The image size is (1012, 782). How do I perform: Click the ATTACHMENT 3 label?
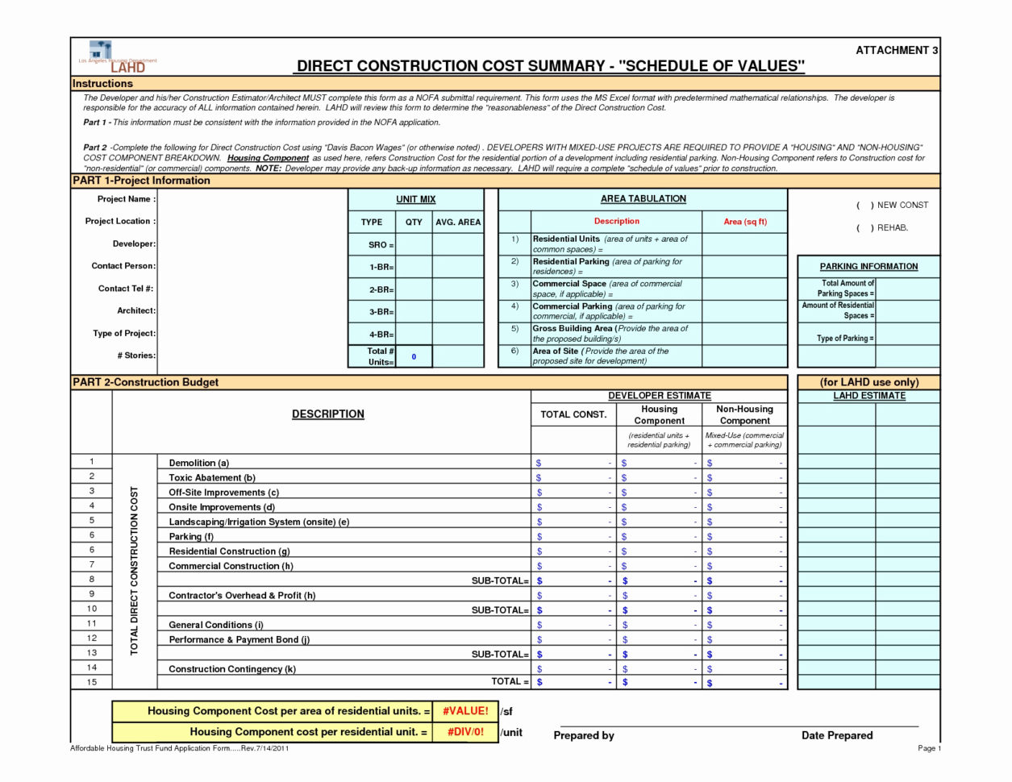[896, 50]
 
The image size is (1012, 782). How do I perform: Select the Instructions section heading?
[102, 84]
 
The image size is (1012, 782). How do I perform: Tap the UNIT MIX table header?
[416, 199]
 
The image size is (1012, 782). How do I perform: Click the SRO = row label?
[381, 245]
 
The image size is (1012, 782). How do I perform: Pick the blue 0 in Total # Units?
[414, 356]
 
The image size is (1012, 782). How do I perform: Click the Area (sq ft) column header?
[744, 222]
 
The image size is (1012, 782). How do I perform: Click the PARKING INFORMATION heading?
[868, 267]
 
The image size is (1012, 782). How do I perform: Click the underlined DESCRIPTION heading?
[327, 414]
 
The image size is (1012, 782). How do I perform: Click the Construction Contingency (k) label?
[231, 669]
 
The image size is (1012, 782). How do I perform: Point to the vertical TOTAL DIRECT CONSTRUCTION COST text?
[134, 572]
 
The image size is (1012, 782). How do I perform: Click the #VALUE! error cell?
[464, 711]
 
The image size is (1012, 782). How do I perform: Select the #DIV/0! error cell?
[464, 732]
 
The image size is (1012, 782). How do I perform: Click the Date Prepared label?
[836, 735]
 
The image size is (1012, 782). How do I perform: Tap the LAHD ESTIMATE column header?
[868, 396]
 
